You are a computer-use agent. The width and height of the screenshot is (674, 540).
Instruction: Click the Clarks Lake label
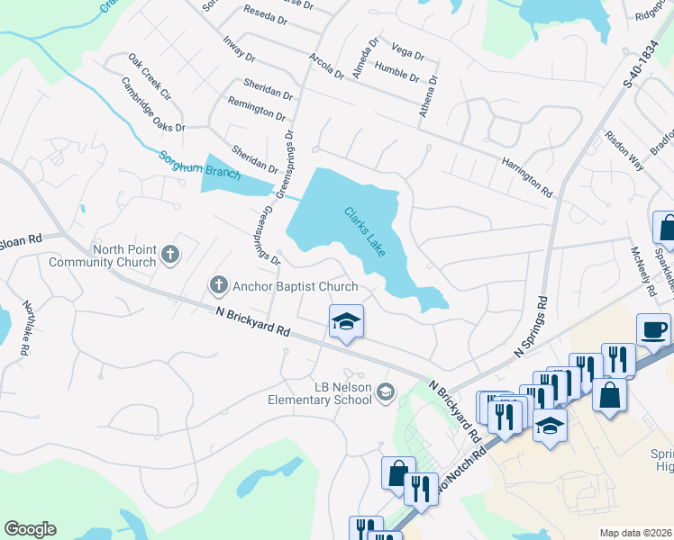click(x=364, y=231)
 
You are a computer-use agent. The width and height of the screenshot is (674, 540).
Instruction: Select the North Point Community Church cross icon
click(x=169, y=256)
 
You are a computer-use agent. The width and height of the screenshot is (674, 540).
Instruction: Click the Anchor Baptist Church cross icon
click(x=217, y=286)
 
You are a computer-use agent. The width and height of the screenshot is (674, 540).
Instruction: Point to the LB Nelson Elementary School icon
click(x=386, y=391)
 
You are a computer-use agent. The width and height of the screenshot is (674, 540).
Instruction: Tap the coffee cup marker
click(x=652, y=329)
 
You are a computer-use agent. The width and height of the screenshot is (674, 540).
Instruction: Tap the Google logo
click(x=30, y=529)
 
